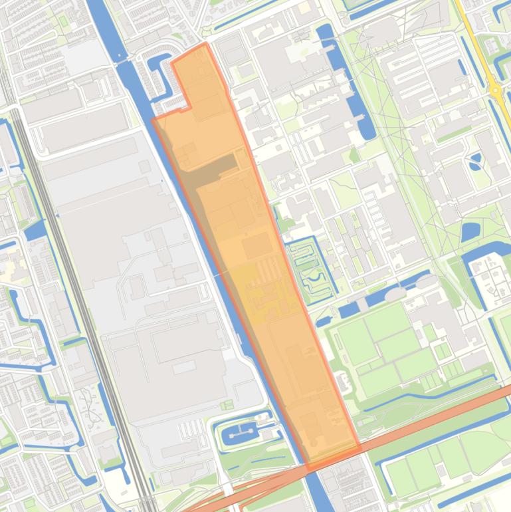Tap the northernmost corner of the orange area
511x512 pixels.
[205, 44]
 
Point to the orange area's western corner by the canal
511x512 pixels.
[153, 120]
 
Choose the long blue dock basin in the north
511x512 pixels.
[339, 73]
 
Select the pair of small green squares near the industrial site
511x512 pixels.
[227, 404]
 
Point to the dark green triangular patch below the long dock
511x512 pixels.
[354, 156]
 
